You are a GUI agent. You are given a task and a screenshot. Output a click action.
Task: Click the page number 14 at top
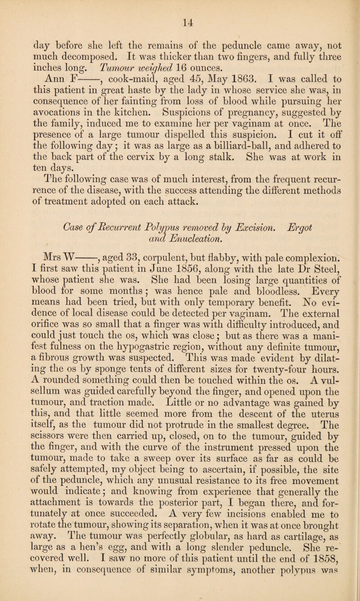click(x=180, y=7)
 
